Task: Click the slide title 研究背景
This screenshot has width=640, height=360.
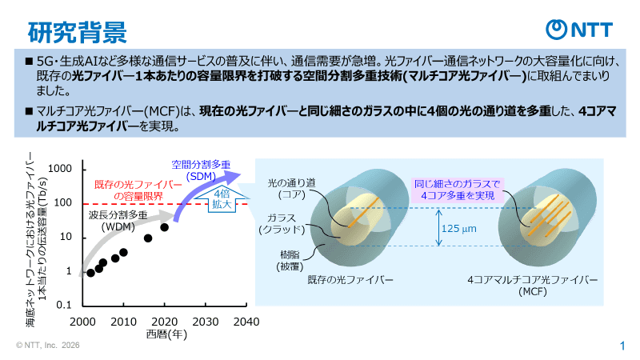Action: [77, 30]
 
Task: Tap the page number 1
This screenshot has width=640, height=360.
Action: [622, 346]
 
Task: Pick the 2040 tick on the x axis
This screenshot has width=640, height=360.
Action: [246, 322]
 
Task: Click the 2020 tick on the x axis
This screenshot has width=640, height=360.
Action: [164, 322]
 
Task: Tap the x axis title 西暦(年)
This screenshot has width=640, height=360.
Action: [166, 334]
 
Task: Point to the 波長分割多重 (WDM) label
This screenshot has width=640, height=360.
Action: [117, 220]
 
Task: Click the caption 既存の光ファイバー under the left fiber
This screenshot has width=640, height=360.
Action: [350, 280]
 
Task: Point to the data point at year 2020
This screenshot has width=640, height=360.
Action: [164, 227]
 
